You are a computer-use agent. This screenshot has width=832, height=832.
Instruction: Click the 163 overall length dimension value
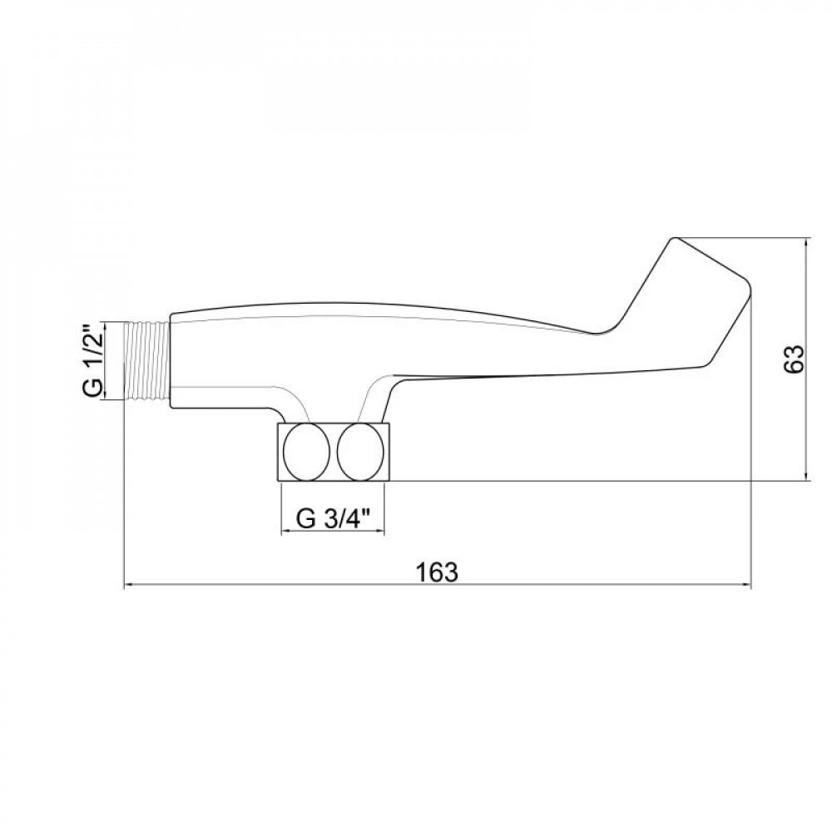(x=437, y=572)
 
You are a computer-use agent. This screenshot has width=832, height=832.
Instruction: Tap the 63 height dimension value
(x=794, y=359)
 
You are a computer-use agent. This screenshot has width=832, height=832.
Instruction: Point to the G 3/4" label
(x=332, y=518)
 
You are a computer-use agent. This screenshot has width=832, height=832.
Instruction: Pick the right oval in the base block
(x=360, y=452)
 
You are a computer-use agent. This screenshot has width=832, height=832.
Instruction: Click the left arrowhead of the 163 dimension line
(x=128, y=586)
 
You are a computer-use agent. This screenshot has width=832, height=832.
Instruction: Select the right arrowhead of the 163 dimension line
(x=747, y=586)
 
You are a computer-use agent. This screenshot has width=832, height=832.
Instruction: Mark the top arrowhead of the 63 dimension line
(x=806, y=241)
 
